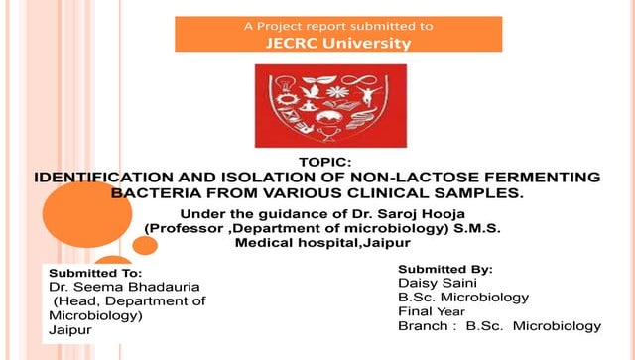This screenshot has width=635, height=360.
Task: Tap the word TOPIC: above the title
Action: (325, 162)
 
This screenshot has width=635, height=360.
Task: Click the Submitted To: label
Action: (96, 272)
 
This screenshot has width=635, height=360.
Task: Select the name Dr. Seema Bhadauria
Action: (117, 286)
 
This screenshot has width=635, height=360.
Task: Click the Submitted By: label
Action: (445, 269)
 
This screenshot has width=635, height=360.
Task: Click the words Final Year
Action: (431, 310)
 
